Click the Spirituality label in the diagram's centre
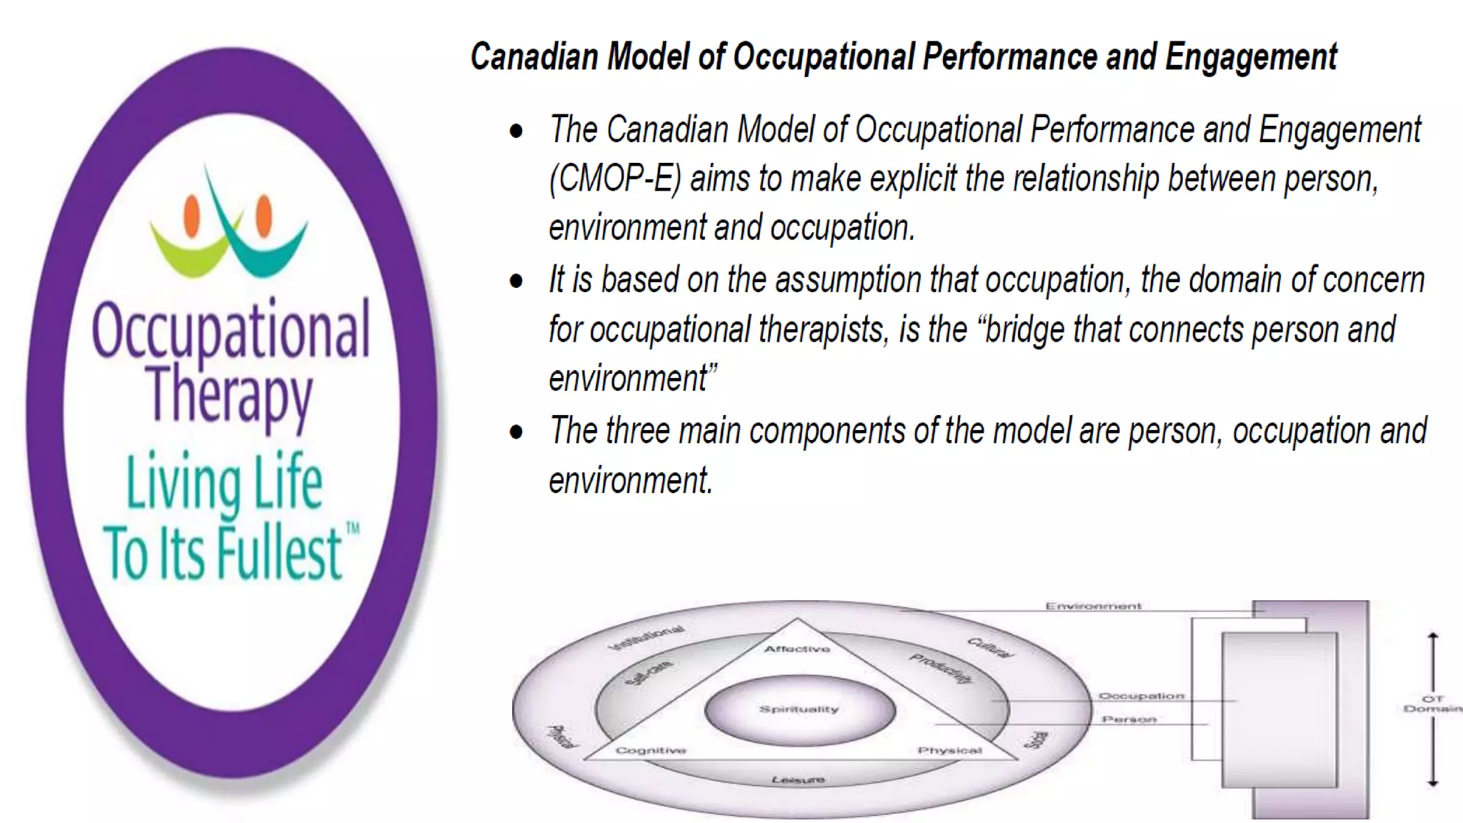point(799,709)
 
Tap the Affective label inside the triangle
point(797,649)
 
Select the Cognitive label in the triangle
point(651,750)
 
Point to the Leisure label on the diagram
point(798,779)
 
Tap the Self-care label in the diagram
point(649,672)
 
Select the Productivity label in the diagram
point(942,668)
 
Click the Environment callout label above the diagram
point(1093,607)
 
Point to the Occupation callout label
point(1141,696)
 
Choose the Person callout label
point(1129,719)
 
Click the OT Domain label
point(1432,704)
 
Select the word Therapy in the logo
point(229,395)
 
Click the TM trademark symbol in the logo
point(353,529)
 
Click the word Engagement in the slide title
point(1251,56)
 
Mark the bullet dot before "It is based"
point(516,281)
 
